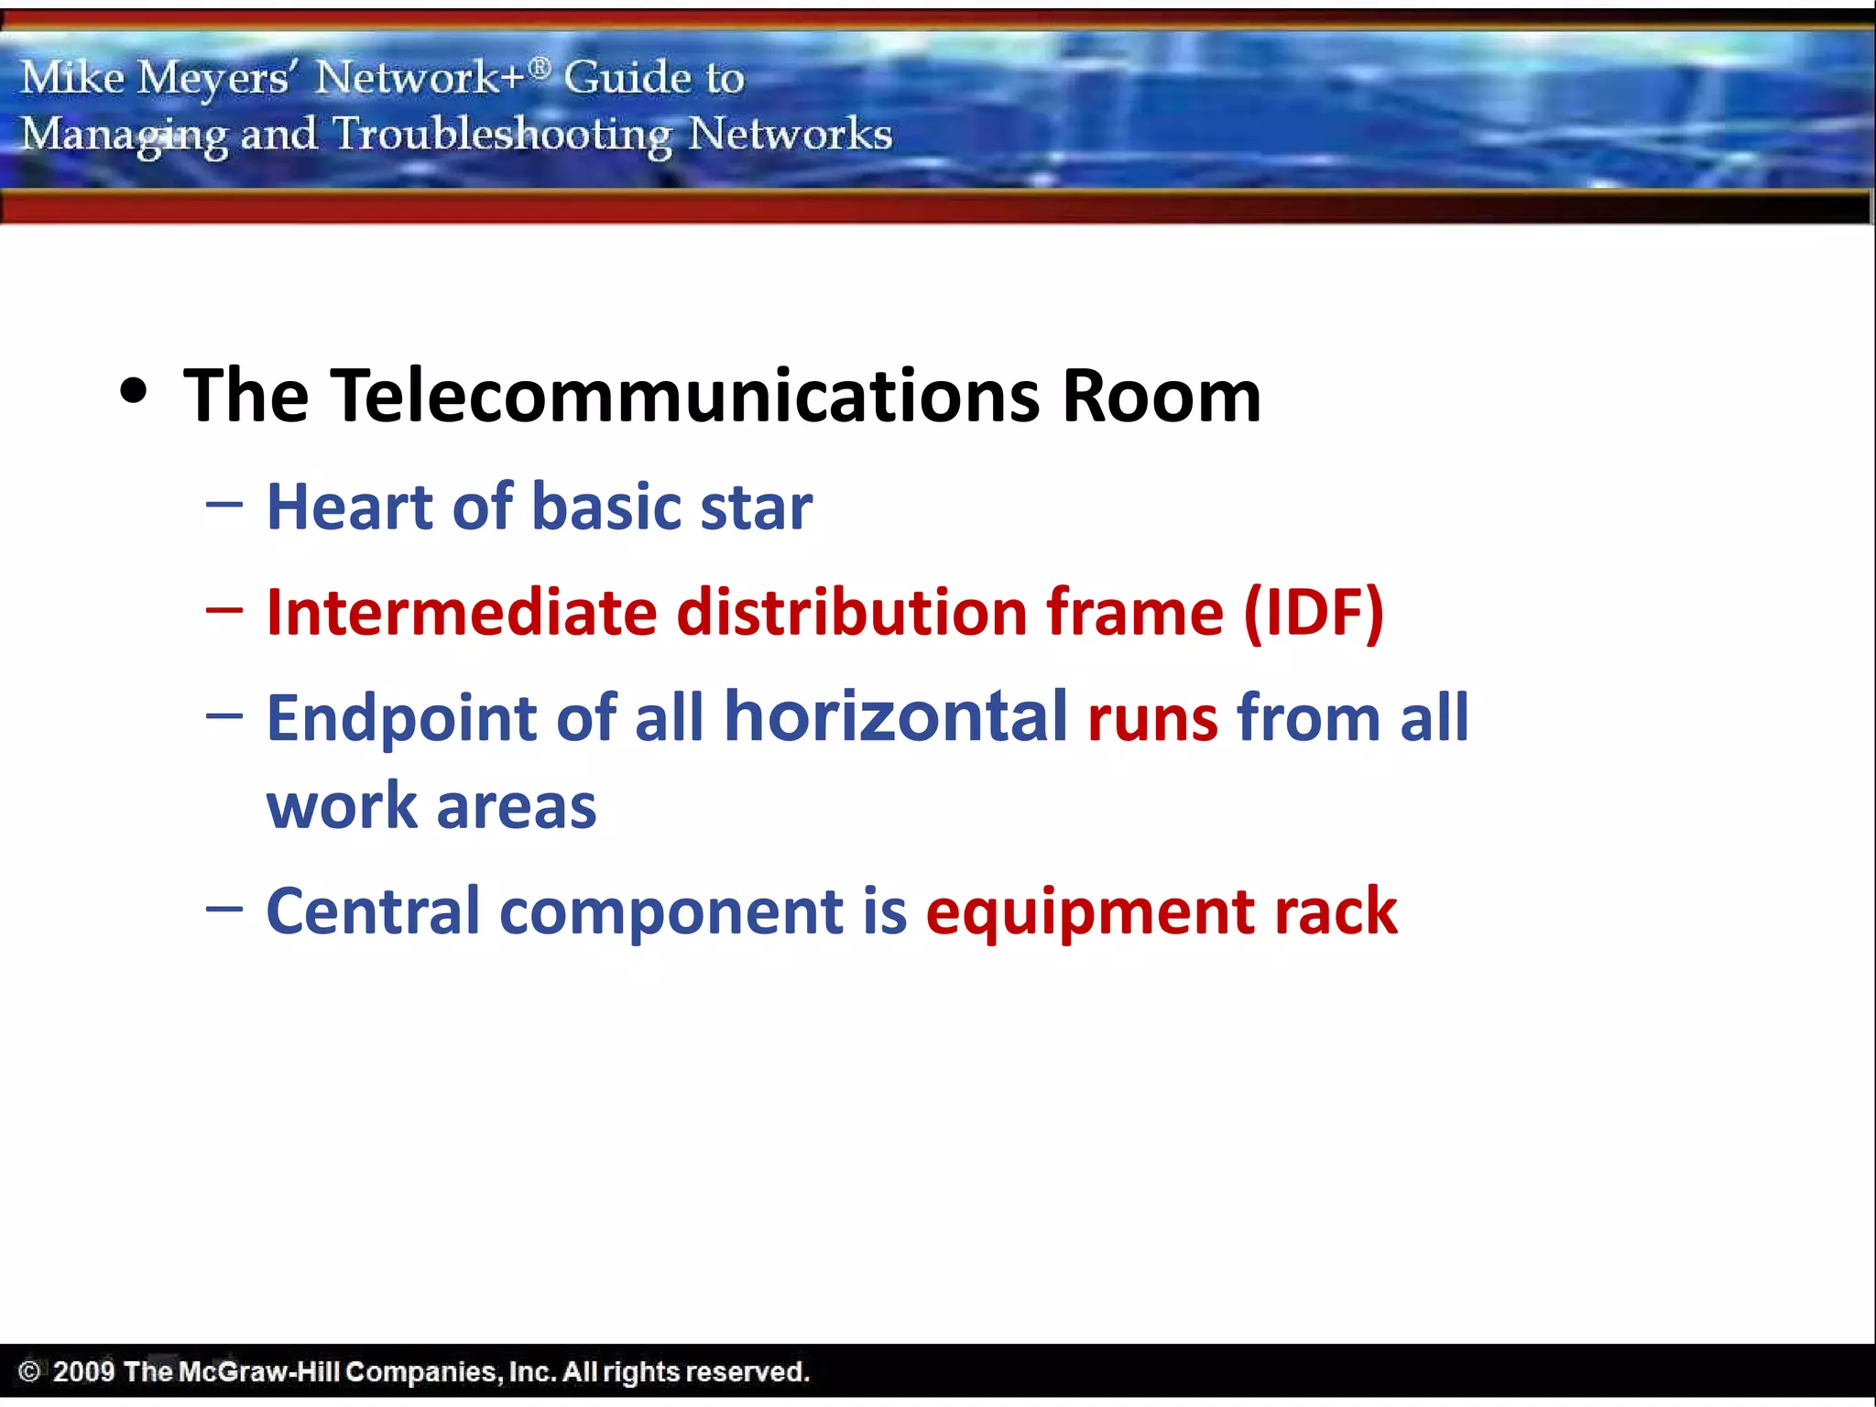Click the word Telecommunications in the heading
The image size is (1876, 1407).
(684, 396)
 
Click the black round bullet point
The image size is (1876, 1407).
(134, 391)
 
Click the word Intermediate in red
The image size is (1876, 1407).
(461, 612)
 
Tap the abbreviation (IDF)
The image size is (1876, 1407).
(1314, 612)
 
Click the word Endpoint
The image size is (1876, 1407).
(400, 719)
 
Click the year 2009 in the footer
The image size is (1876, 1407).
(83, 1371)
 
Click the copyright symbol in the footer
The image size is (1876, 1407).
(29, 1371)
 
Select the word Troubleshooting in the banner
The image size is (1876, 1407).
(502, 135)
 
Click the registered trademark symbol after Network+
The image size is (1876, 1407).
(540, 66)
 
